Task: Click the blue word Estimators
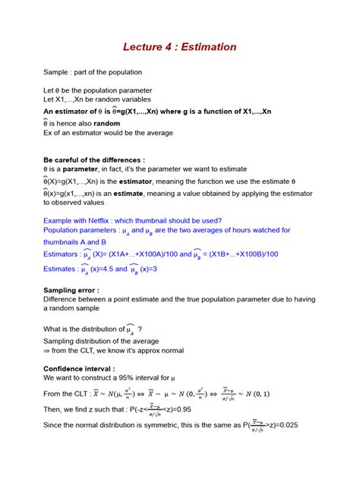(64, 254)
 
